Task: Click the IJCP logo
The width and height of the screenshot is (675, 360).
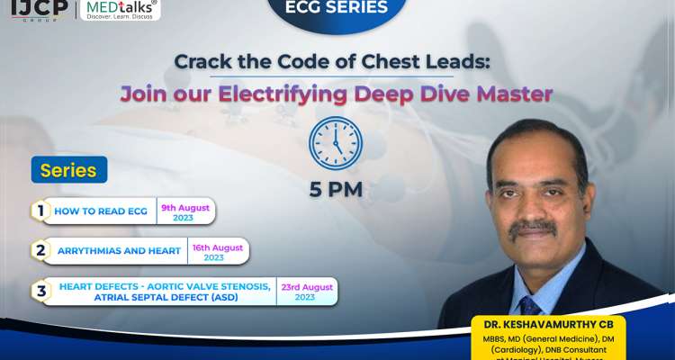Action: tap(33, 10)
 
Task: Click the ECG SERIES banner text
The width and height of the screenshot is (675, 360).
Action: tap(337, 9)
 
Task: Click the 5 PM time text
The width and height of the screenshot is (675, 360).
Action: tap(336, 190)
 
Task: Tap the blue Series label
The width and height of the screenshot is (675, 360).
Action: tap(68, 170)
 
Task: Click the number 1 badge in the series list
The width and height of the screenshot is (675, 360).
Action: tap(40, 211)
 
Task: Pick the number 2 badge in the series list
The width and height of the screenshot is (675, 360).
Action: tap(40, 250)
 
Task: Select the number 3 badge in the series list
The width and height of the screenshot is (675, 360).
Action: tap(40, 291)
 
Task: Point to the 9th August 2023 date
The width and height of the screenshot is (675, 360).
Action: tap(184, 212)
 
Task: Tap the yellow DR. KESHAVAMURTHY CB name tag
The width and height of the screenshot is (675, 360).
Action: tap(550, 325)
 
